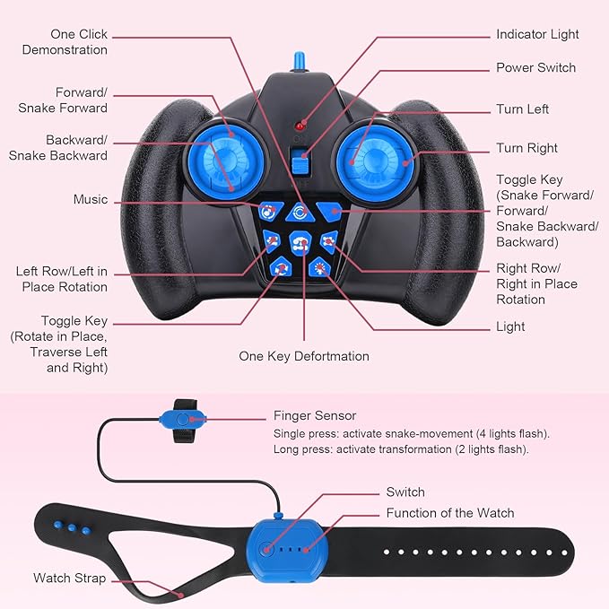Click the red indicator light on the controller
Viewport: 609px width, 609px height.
click(x=299, y=126)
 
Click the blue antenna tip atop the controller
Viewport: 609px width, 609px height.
click(x=299, y=61)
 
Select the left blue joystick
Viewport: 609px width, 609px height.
click(x=226, y=161)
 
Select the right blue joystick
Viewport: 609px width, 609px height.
click(x=374, y=162)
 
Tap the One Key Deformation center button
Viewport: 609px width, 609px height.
click(x=300, y=243)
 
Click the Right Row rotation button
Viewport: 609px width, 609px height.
click(x=329, y=241)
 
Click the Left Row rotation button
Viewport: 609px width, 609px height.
click(x=272, y=241)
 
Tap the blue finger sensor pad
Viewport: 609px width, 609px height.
click(x=183, y=420)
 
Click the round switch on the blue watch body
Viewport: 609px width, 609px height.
click(x=266, y=549)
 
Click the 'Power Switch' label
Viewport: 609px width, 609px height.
click(x=535, y=67)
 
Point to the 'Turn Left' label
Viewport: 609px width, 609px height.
click(x=522, y=109)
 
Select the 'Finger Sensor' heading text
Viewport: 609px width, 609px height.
click(x=315, y=415)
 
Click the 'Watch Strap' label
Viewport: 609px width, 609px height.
click(x=70, y=578)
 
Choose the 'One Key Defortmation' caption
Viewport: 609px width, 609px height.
click(x=304, y=356)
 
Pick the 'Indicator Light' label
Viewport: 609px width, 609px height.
click(x=537, y=34)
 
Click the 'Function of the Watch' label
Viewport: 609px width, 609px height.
click(x=450, y=513)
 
